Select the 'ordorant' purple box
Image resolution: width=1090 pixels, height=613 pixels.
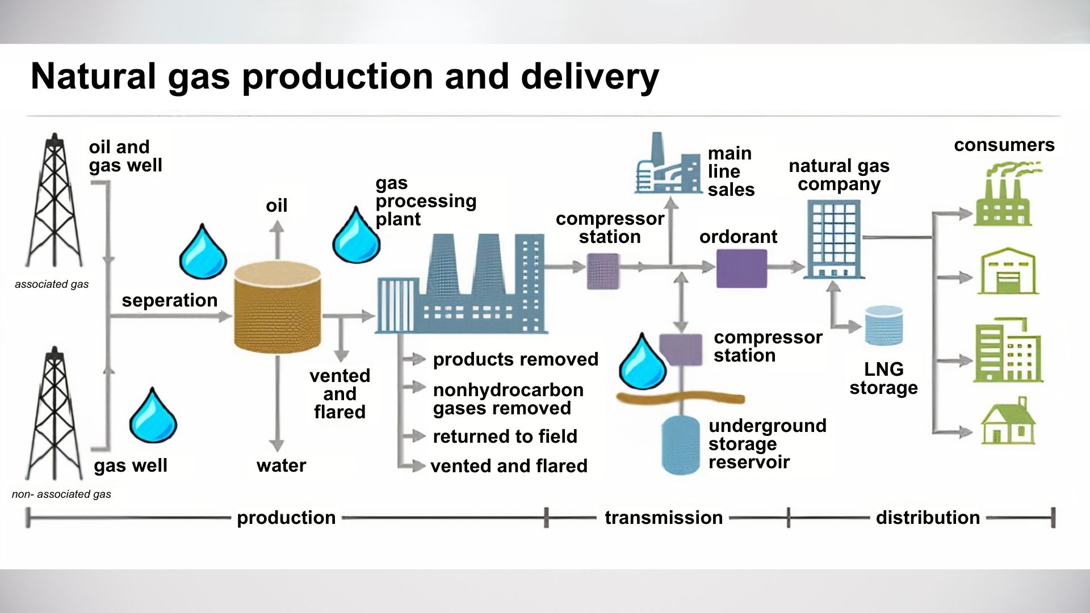coord(741,268)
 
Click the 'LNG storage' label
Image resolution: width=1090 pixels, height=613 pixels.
coord(883,379)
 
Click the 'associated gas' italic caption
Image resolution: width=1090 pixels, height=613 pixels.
coord(52,284)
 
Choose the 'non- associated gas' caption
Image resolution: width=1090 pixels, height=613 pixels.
coord(61,494)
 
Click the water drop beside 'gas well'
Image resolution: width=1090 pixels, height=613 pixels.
coord(153,416)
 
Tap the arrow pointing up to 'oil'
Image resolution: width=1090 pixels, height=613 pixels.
coord(276,238)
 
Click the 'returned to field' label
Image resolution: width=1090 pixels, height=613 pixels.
coord(505,436)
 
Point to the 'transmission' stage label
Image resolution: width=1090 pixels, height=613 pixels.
coord(663,518)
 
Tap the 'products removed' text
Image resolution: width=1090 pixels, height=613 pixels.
coord(515,359)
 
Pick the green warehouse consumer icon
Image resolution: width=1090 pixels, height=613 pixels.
coord(1008,271)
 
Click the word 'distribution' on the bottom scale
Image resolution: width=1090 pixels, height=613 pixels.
coord(928,518)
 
